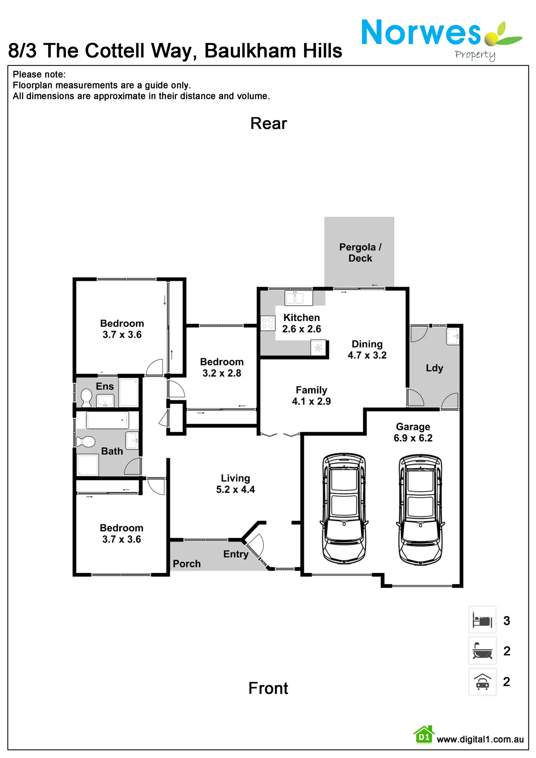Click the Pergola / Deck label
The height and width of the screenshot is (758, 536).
(360, 252)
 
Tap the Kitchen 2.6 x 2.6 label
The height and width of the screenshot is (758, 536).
(301, 323)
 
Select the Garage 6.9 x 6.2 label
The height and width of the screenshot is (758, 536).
(413, 432)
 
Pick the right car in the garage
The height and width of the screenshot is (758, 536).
(421, 509)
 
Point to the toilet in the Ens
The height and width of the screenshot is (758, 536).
(86, 397)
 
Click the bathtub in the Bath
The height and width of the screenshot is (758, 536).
(107, 420)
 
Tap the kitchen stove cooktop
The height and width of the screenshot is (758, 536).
(268, 323)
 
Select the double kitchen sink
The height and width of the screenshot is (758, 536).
(299, 298)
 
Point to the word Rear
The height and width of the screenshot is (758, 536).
(268, 123)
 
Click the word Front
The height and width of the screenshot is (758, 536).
(268, 688)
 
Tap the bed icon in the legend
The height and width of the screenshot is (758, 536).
(482, 620)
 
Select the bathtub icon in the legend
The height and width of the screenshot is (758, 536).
(482, 651)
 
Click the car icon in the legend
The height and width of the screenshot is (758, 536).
(482, 682)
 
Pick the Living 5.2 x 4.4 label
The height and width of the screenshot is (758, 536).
(235, 483)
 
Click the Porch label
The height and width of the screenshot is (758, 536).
(186, 564)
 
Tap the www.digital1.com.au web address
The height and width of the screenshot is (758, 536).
(480, 739)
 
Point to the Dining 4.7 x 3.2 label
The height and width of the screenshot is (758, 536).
(367, 350)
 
